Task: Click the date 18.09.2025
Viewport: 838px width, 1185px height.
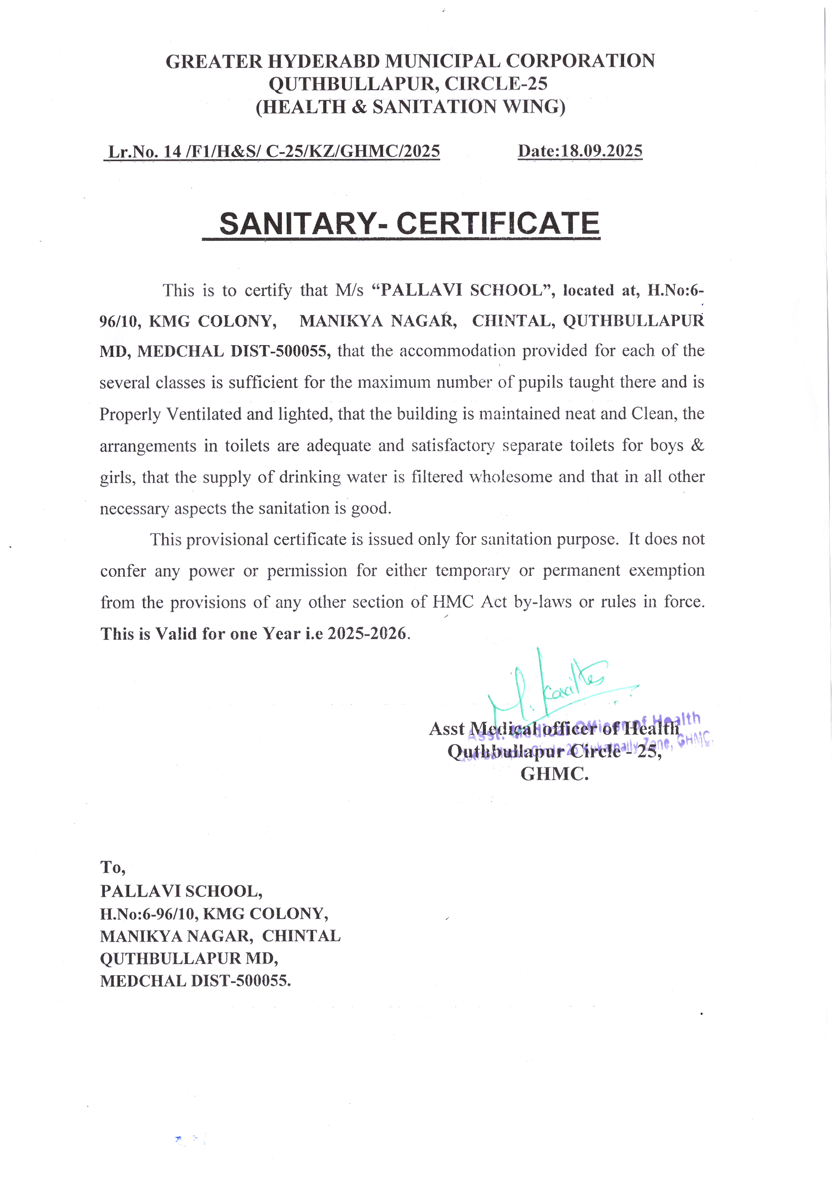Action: pyautogui.click(x=601, y=151)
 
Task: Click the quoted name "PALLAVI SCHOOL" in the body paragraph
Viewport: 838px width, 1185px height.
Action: pyautogui.click(x=463, y=290)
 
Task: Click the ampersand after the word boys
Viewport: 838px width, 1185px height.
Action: pyautogui.click(x=697, y=446)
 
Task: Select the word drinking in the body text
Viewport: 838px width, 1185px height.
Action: pyautogui.click(x=310, y=477)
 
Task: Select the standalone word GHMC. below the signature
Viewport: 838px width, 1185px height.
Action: pyautogui.click(x=554, y=774)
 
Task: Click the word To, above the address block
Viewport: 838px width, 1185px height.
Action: pyautogui.click(x=112, y=868)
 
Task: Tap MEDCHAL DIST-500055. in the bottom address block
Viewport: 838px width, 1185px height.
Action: pyautogui.click(x=195, y=981)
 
